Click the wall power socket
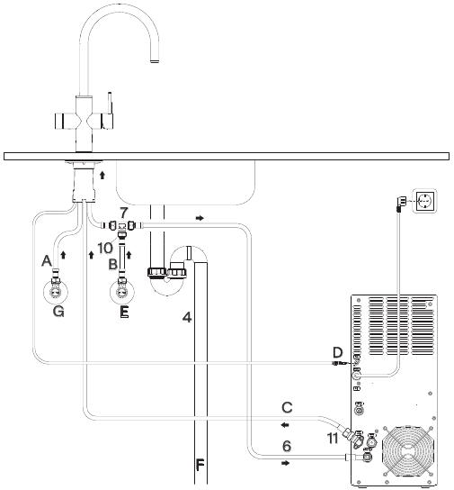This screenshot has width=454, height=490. point(424,201)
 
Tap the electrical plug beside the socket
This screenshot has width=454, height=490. point(401,203)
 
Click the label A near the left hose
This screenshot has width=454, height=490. point(47,260)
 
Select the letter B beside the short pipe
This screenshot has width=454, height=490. point(113,264)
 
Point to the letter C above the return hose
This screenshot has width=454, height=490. point(287,407)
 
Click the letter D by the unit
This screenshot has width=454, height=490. point(337,352)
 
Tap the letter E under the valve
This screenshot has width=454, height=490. point(124,312)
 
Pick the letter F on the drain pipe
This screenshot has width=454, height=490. point(200,465)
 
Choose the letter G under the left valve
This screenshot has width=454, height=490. point(58,312)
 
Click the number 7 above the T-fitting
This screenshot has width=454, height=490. point(124,213)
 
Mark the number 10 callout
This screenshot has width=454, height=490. point(105,248)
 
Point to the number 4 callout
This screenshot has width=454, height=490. point(187,317)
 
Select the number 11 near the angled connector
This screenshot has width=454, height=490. point(333,439)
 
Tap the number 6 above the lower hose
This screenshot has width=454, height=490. point(287,446)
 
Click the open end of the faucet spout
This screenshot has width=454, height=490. point(155,61)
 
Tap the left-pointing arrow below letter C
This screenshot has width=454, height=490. point(285,425)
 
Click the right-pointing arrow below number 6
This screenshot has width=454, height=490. point(285,463)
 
